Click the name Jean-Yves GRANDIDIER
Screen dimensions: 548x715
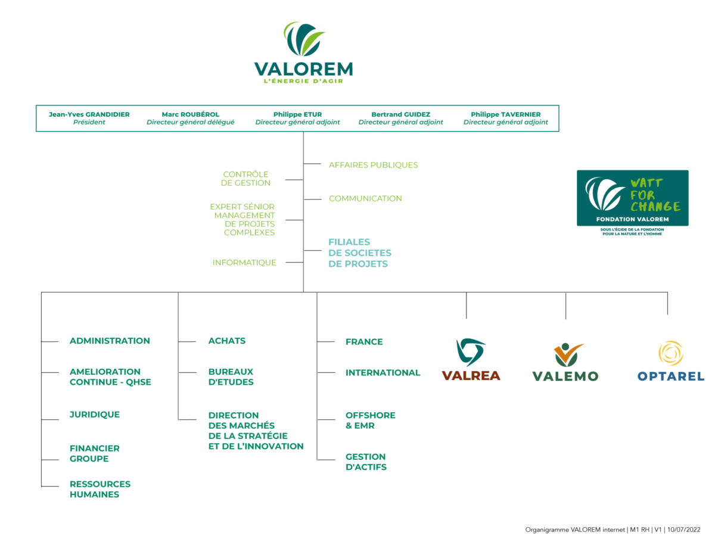pyautogui.click(x=89, y=114)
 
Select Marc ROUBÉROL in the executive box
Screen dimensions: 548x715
pyautogui.click(x=190, y=114)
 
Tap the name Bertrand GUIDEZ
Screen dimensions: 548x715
pyautogui.click(x=400, y=114)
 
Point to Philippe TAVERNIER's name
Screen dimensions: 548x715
pyautogui.click(x=505, y=114)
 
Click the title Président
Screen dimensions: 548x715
pyautogui.click(x=89, y=123)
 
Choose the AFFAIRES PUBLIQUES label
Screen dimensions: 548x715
pyautogui.click(x=373, y=165)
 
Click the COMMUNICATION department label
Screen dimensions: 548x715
pyautogui.click(x=365, y=198)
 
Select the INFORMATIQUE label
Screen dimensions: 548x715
pyautogui.click(x=244, y=263)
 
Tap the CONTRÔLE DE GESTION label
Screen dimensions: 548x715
pyautogui.click(x=245, y=179)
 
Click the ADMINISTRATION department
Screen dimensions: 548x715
pyautogui.click(x=110, y=341)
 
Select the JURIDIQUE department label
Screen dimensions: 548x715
pyautogui.click(x=94, y=415)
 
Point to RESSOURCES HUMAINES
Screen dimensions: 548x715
pyautogui.click(x=100, y=489)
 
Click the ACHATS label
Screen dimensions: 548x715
pyautogui.click(x=226, y=341)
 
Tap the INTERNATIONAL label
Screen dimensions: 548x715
pyautogui.click(x=383, y=373)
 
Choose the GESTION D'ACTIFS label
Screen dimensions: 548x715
pyautogui.click(x=366, y=462)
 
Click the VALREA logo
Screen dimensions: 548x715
pyautogui.click(x=471, y=359)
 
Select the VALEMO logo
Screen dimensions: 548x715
pyautogui.click(x=565, y=362)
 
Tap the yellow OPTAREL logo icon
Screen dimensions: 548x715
pyautogui.click(x=670, y=353)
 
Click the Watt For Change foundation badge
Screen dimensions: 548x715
pyautogui.click(x=632, y=198)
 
